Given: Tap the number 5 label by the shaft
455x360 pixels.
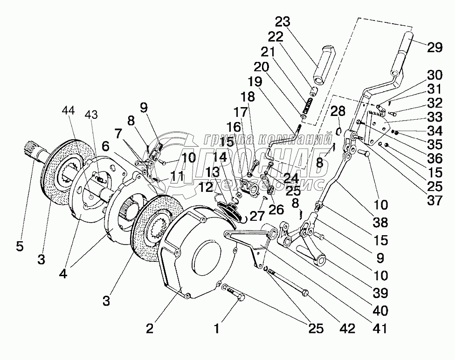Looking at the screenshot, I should [x=20, y=247].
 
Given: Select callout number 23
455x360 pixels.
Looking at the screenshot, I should [x=282, y=22].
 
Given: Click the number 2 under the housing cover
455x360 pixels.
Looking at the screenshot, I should [x=149, y=329].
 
